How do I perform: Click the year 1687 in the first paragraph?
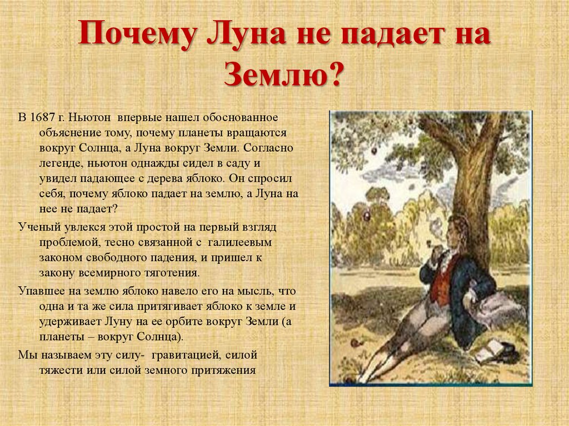click(43, 118)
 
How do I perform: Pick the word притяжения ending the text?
click(227, 369)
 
